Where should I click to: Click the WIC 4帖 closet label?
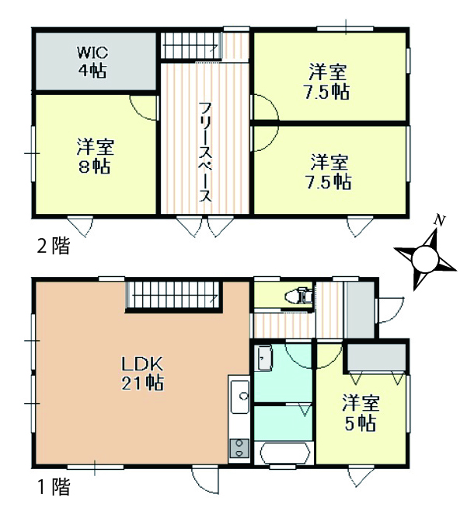92,61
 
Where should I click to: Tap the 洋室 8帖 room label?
95,156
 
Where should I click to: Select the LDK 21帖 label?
142,373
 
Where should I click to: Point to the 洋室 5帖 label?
361,413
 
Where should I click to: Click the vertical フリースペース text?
205,152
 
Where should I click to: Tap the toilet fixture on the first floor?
298,296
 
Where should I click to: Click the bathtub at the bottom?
284,454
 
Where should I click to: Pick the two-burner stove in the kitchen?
239,448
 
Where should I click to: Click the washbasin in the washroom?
265,358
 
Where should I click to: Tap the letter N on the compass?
439,221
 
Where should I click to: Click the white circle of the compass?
425,259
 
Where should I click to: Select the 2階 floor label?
54,247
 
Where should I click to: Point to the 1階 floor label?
54,486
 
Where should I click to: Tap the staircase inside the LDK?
174,295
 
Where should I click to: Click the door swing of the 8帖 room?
144,107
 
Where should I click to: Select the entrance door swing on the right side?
389,310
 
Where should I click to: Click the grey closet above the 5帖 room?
377,357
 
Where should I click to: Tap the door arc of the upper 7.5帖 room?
264,107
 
